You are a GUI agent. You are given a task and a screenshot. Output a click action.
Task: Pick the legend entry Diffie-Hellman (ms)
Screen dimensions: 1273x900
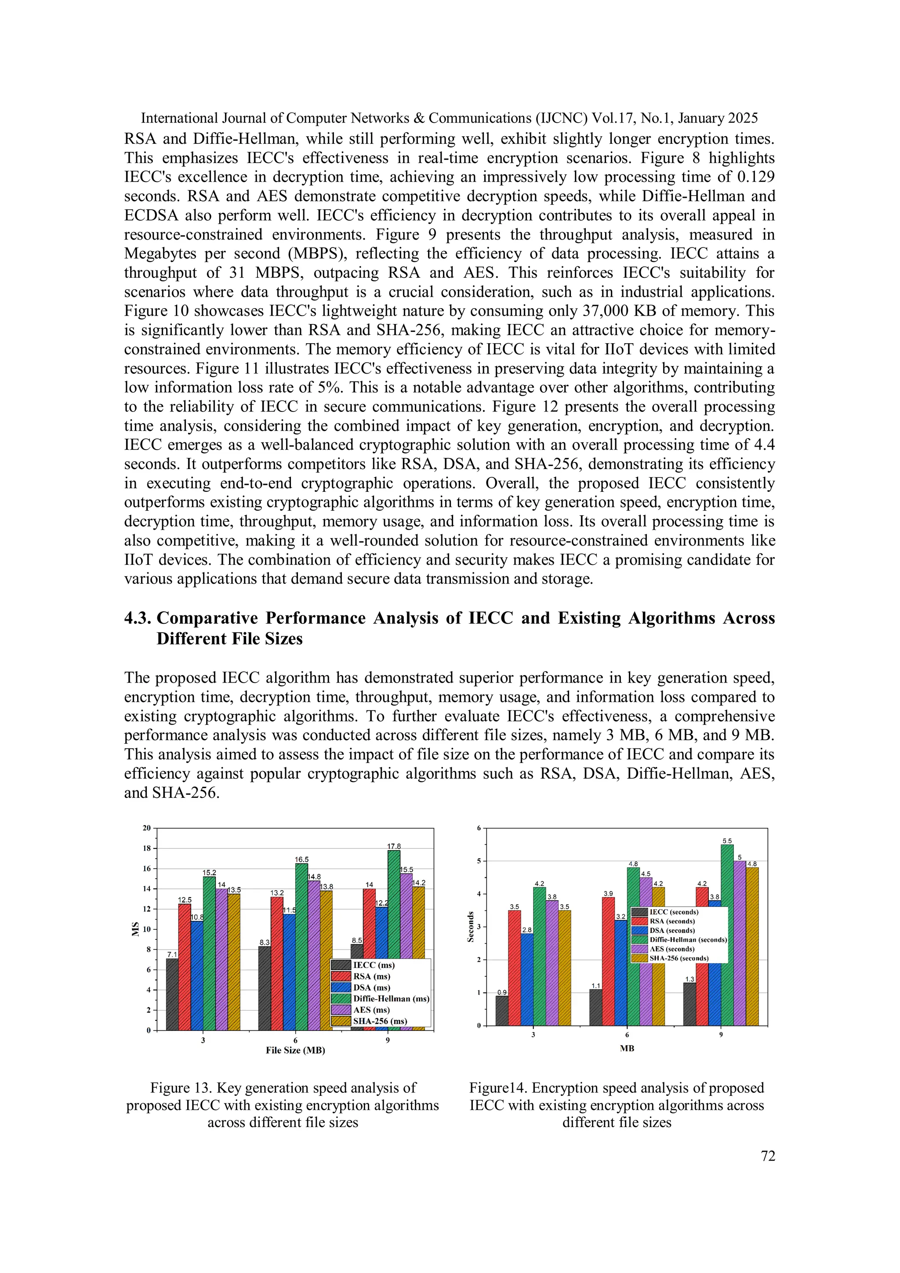pos(391,999)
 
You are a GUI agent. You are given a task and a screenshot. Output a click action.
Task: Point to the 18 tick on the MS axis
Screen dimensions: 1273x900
pos(147,848)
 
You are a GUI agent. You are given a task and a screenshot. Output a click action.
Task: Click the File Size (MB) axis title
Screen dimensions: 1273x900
pos(295,1050)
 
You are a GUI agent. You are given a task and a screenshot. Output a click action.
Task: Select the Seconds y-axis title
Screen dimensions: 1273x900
pos(471,927)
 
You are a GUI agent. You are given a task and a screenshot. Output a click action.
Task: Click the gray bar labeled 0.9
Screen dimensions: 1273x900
pos(501,1010)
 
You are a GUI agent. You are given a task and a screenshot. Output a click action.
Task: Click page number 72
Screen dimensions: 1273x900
pos(768,1156)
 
